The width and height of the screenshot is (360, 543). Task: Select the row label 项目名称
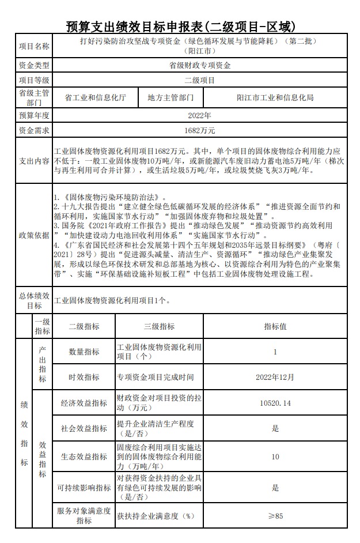pos(34,46)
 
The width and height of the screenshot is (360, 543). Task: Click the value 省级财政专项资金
pos(199,66)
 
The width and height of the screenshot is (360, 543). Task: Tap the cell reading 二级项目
pos(199,81)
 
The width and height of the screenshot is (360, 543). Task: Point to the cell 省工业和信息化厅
pos(96,97)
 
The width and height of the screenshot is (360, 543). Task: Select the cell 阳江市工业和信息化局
pos(275,97)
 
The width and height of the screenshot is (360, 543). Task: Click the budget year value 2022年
pos(199,115)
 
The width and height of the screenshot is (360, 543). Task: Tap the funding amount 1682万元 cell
pos(199,130)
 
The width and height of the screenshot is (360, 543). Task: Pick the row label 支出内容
pos(34,161)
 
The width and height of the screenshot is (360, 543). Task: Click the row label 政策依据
pos(34,235)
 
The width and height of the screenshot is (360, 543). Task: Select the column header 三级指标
pos(159,326)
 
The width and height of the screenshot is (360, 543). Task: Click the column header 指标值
pos(275,326)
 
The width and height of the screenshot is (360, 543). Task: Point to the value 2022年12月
pos(275,377)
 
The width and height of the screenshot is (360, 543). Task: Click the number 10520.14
pos(275,403)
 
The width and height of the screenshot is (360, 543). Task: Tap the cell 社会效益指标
pos(84,428)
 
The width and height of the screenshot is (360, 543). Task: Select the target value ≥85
pos(275,516)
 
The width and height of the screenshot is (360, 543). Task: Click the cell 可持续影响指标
pos(84,488)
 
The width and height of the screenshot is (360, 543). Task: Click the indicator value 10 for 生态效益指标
pos(275,457)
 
